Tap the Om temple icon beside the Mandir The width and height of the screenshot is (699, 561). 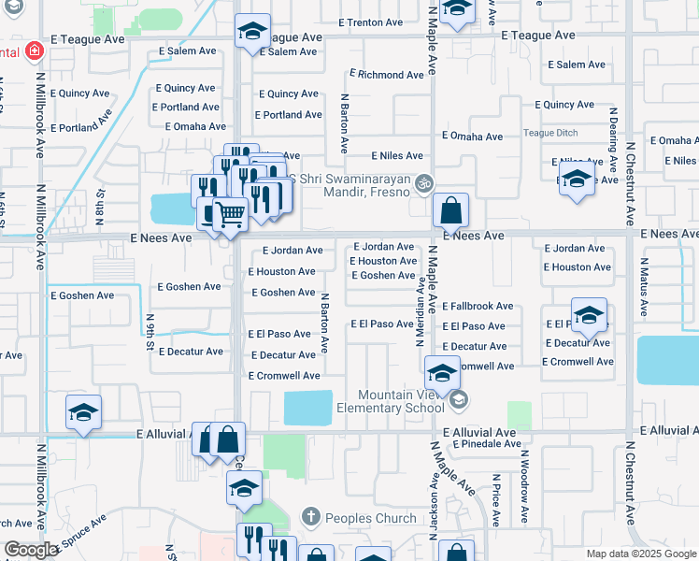click(425, 182)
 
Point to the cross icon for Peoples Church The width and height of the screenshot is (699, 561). click(310, 516)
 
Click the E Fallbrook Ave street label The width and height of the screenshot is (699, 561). click(478, 306)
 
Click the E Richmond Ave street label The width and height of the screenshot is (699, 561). click(387, 74)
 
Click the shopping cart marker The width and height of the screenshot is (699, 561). click(230, 215)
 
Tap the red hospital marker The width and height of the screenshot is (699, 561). click(35, 50)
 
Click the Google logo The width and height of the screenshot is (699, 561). click(31, 550)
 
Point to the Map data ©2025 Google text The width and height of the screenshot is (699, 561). click(640, 554)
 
